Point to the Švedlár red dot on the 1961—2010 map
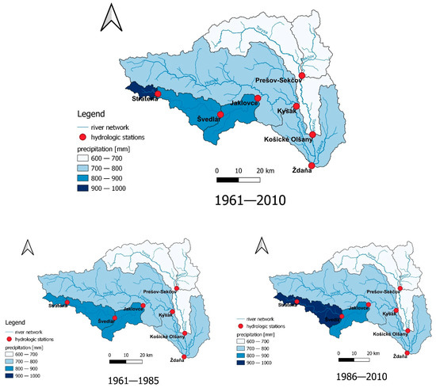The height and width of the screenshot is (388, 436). [220, 115]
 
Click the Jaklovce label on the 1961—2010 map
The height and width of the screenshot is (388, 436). [245, 104]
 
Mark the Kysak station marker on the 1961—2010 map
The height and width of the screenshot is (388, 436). [296, 106]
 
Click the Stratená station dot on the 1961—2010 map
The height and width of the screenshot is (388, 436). [158, 93]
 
